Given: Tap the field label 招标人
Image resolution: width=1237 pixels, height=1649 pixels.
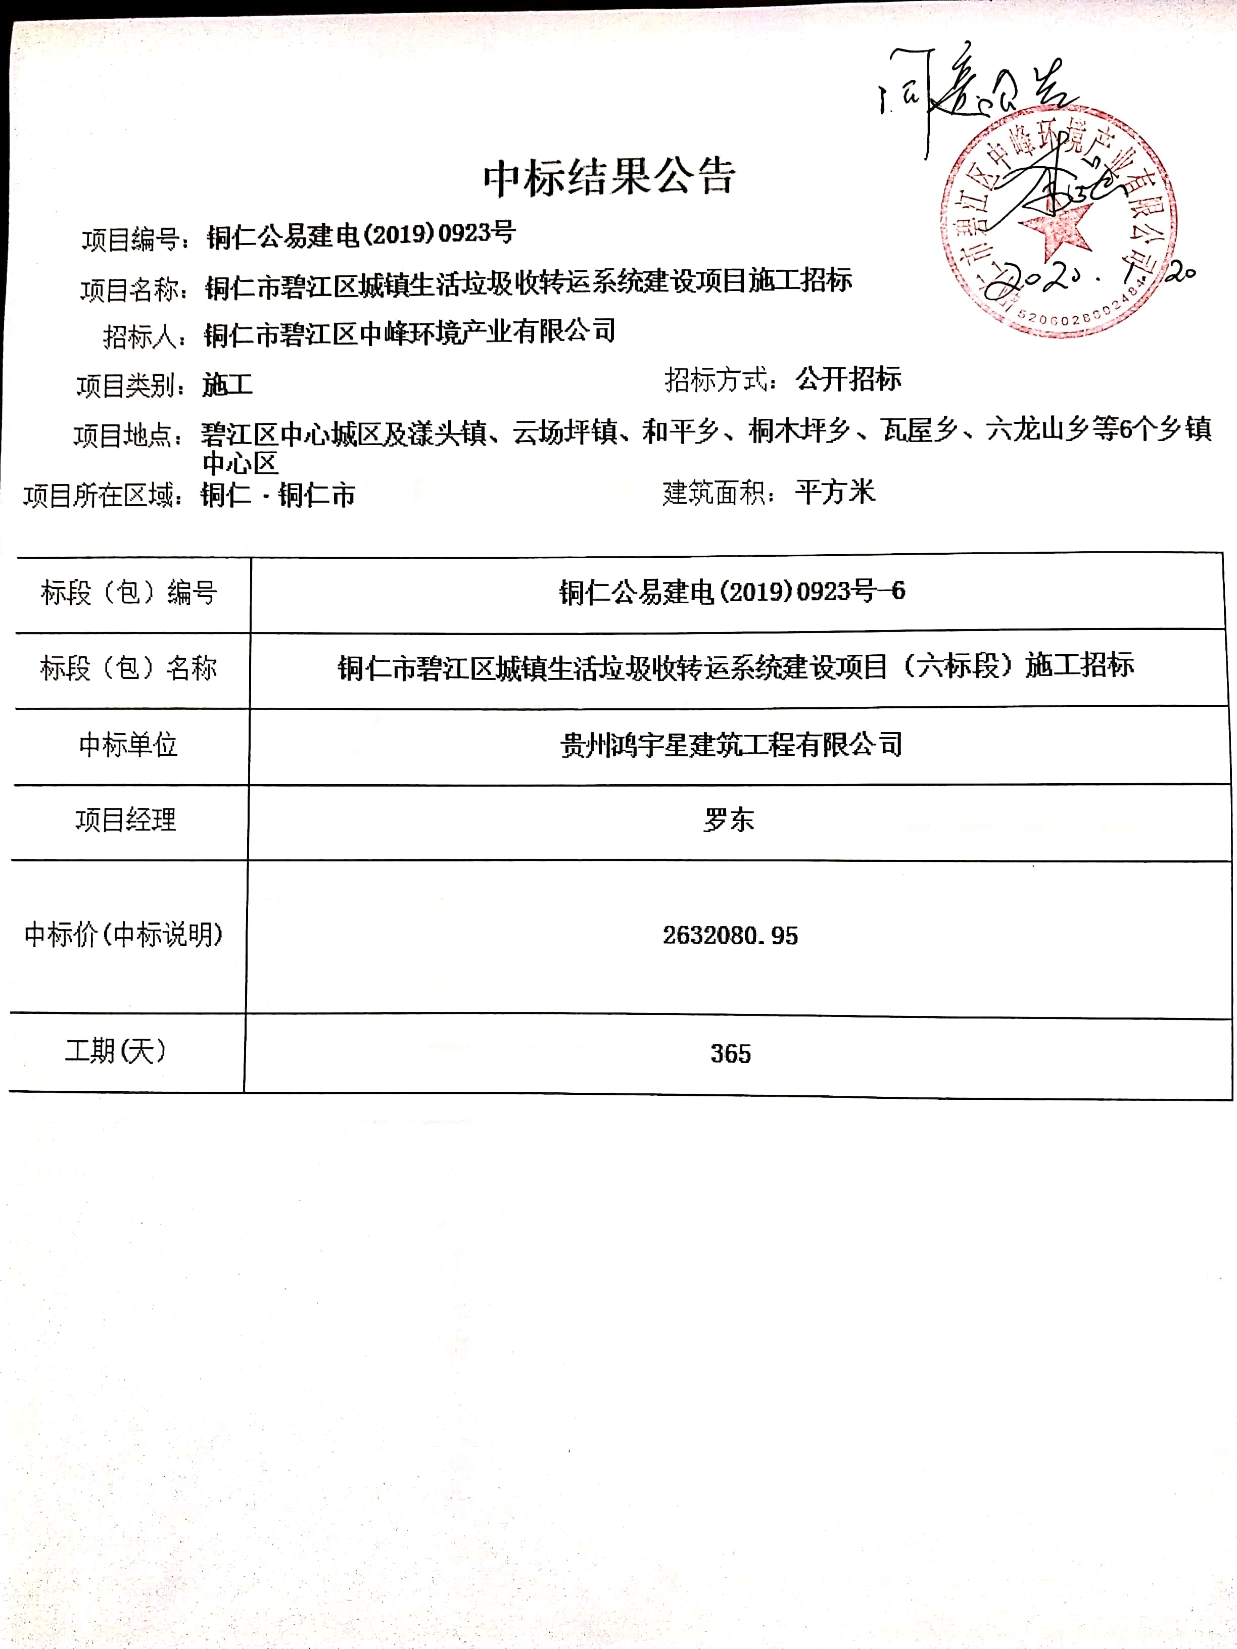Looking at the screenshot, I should tap(143, 337).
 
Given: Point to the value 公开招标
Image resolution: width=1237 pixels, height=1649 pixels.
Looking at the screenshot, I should tap(848, 379).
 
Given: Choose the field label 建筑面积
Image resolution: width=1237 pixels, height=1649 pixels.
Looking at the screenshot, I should tap(718, 493).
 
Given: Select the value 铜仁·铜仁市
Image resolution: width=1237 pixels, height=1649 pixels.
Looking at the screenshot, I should tap(277, 495).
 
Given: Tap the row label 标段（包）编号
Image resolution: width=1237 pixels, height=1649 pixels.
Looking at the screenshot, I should tap(129, 594).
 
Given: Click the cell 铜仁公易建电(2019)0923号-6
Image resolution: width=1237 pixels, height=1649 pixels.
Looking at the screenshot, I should tap(732, 592).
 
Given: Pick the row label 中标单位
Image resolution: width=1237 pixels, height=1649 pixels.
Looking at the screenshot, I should tap(128, 745).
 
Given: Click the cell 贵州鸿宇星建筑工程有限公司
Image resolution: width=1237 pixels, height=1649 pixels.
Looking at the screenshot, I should tap(731, 744).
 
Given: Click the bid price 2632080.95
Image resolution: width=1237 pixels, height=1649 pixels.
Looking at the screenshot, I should tap(730, 936).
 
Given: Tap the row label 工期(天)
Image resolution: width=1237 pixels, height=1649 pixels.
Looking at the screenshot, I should tap(116, 1051).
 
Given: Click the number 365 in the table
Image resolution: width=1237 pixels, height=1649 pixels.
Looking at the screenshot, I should tap(730, 1053).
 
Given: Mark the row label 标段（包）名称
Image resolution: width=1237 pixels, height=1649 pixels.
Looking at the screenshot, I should tap(128, 668).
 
